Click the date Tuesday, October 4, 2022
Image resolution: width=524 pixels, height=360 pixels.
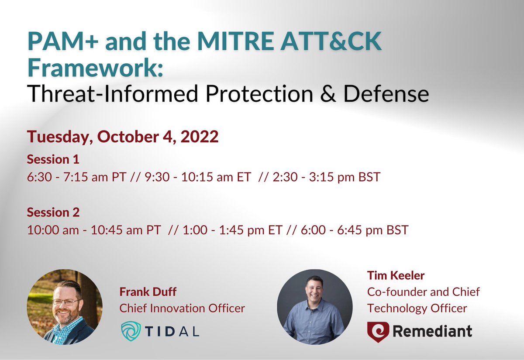click(x=123, y=137)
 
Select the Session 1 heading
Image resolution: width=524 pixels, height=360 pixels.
click(x=53, y=159)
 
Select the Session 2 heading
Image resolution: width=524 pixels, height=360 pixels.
click(x=53, y=213)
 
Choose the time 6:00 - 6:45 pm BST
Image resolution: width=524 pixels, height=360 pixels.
click(x=355, y=230)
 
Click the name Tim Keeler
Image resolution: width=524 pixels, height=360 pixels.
click(x=396, y=275)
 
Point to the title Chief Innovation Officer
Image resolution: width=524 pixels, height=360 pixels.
click(x=182, y=309)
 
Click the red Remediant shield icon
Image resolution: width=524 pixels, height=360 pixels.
click(x=376, y=331)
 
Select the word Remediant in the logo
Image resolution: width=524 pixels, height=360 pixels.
click(x=432, y=331)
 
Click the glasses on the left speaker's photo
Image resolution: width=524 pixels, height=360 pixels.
click(x=66, y=302)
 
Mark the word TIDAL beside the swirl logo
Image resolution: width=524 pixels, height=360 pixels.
click(x=173, y=331)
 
